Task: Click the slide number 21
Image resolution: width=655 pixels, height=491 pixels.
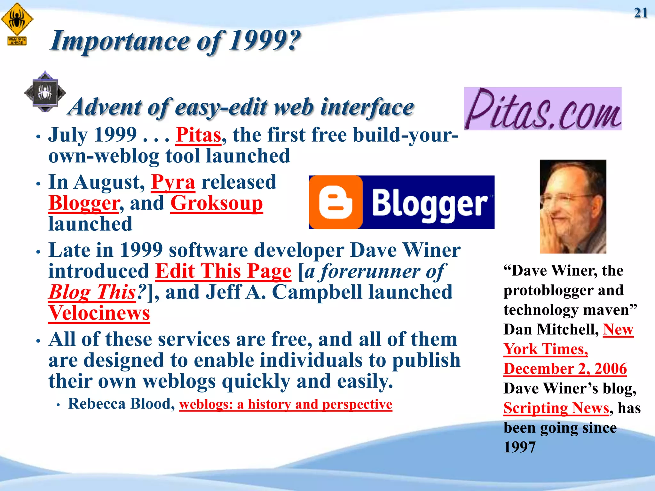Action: click(x=641, y=13)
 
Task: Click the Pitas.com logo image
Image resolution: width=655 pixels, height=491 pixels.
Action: click(x=542, y=109)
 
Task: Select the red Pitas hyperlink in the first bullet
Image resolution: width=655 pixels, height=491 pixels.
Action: click(x=198, y=135)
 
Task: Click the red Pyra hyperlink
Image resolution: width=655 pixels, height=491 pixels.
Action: click(x=173, y=182)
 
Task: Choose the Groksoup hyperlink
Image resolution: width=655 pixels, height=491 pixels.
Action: click(x=217, y=203)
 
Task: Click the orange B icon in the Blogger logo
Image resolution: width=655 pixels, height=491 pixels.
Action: click(x=335, y=202)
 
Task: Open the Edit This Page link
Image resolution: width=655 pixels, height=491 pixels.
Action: click(x=223, y=271)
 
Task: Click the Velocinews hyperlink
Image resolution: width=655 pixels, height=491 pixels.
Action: click(x=99, y=313)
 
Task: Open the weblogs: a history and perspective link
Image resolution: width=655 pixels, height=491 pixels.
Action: click(x=285, y=404)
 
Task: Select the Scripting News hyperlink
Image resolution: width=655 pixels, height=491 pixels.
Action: click(x=556, y=408)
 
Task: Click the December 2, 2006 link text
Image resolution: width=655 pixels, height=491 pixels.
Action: click(x=565, y=369)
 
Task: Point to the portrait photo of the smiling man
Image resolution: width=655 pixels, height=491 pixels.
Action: click(x=573, y=207)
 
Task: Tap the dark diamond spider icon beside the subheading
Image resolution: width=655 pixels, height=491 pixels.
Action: click(x=45, y=92)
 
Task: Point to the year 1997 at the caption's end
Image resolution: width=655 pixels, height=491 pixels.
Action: click(x=519, y=447)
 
